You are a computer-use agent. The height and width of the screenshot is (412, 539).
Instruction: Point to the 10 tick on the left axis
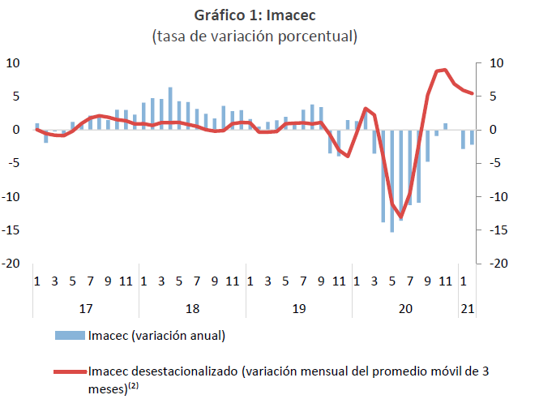point(15,62)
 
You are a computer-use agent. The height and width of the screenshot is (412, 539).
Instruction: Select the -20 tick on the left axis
point(13,264)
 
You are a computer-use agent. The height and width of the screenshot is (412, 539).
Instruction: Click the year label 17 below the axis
point(85,308)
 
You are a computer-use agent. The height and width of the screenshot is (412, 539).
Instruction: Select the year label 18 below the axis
point(192,308)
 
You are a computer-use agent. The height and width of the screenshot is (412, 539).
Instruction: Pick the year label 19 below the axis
point(298,308)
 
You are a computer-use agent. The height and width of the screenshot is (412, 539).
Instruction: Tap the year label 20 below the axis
point(405,308)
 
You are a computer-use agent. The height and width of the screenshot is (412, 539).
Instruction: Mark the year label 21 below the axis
point(468,308)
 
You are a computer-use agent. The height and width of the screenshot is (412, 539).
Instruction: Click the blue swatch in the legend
point(69,335)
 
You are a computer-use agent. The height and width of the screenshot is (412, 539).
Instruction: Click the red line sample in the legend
point(69,372)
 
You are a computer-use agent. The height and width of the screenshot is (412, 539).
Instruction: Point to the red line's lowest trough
point(401,217)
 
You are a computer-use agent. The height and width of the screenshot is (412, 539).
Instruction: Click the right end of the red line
point(473,94)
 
